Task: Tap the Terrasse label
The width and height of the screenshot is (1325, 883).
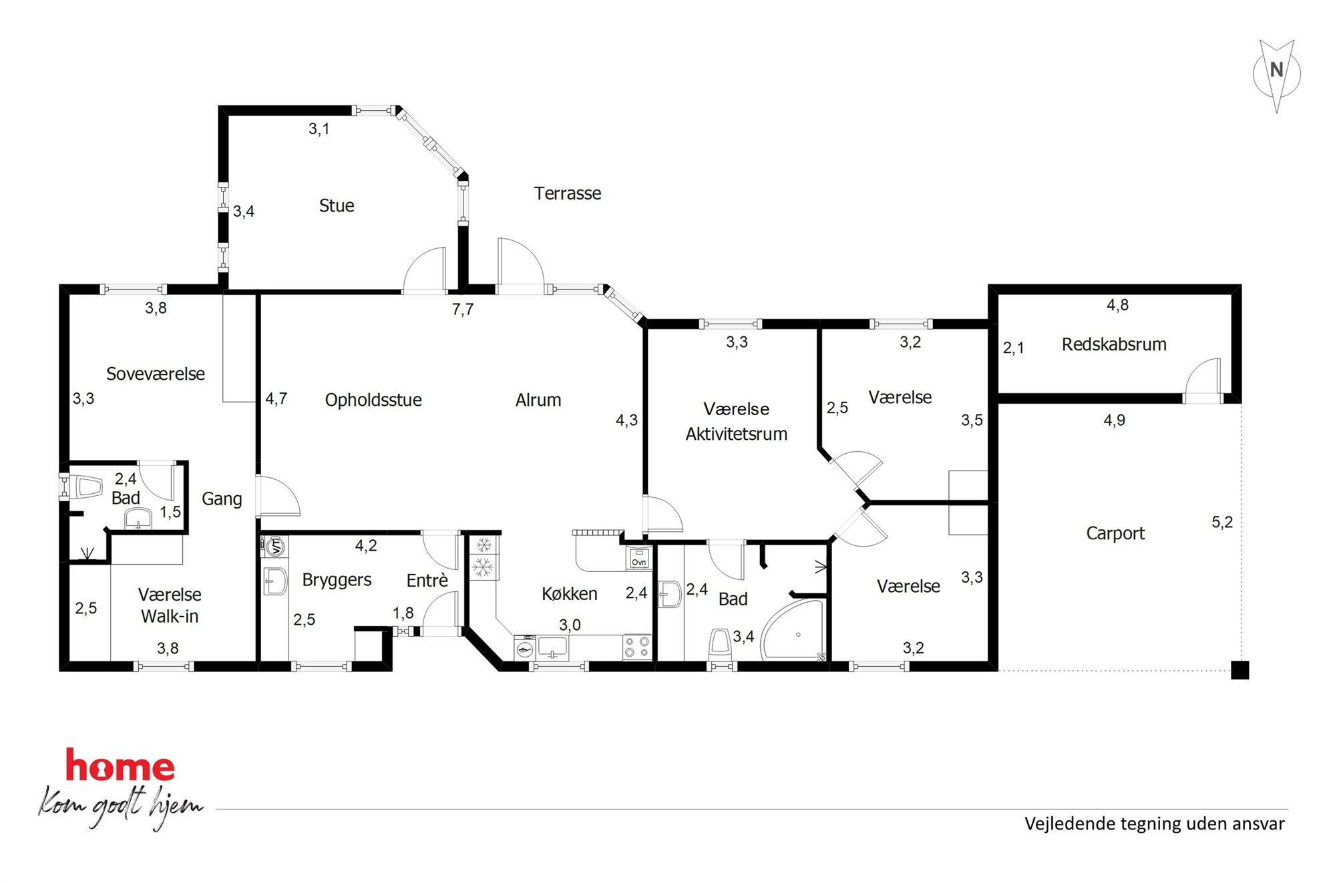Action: [x=568, y=194]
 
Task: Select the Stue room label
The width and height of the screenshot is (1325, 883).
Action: [x=337, y=206]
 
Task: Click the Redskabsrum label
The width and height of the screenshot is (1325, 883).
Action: [x=1114, y=344]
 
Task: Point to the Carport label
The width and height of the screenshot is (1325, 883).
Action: [x=1115, y=533]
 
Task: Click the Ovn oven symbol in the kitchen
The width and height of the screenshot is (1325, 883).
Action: [x=638, y=558]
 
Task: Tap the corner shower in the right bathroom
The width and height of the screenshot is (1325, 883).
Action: [x=793, y=630]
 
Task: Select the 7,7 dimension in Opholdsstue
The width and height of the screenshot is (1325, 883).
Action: [x=463, y=309]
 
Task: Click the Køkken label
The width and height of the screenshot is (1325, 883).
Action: [x=570, y=594]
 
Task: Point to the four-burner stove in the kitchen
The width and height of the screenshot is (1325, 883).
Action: [x=636, y=647]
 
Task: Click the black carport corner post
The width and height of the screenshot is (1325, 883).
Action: [x=1240, y=670]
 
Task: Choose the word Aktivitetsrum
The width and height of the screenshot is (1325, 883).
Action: [x=737, y=434]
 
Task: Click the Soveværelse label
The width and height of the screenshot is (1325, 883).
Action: [x=156, y=374]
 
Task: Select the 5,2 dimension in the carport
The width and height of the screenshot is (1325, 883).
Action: [x=1222, y=523]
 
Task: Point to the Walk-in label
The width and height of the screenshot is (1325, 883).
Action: [x=170, y=616]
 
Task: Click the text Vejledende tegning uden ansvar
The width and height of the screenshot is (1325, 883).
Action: [x=1155, y=824]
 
